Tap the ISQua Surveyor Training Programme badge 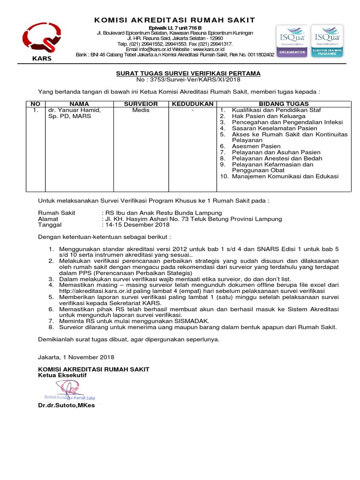[x=327, y=41]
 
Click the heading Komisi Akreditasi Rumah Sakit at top [x=175, y=20]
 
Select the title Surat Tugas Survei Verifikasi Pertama [x=188, y=74]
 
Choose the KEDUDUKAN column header [x=192, y=104]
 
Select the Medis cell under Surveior [x=141, y=110]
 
